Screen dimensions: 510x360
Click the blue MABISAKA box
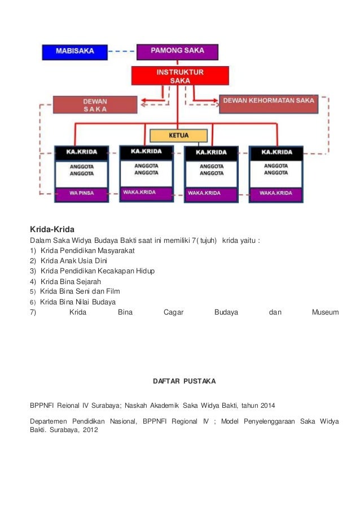[74, 52]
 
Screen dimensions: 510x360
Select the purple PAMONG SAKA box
[177, 51]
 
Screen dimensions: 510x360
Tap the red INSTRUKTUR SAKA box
[179, 76]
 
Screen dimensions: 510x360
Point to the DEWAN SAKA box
[95, 104]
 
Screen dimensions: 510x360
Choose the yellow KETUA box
[178, 136]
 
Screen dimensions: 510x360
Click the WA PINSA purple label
[82, 193]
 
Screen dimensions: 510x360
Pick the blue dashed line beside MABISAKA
[122, 52]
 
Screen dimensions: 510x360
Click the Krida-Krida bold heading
[52, 229]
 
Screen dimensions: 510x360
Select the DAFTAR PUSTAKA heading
[184, 381]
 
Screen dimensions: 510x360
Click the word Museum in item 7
[325, 312]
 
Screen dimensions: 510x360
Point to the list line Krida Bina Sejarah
[71, 281]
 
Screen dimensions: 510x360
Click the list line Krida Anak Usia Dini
[73, 260]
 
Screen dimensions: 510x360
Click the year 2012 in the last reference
[90, 430]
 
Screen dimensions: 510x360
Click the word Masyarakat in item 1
[114, 250]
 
